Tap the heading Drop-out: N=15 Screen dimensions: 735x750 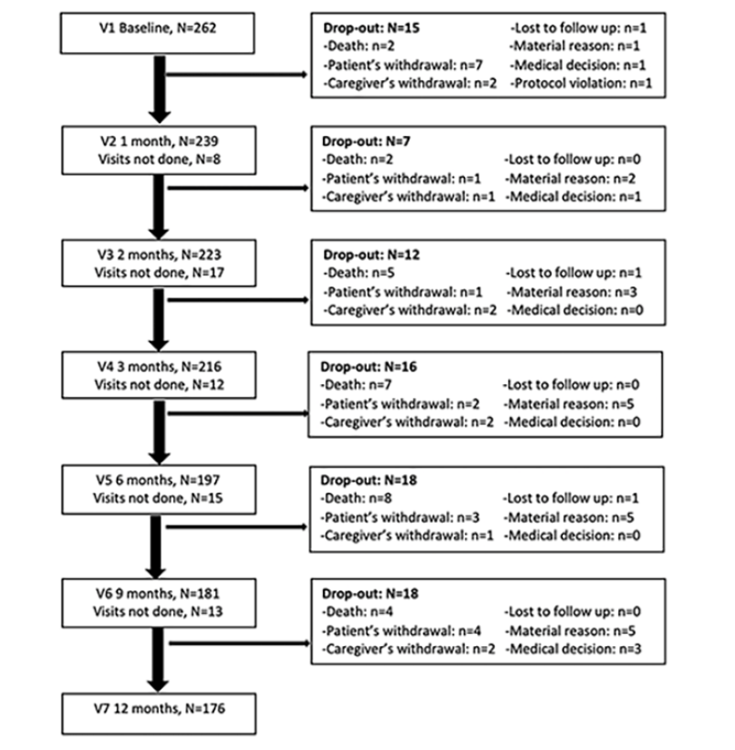[x=371, y=27]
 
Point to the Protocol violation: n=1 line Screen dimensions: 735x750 [x=581, y=83]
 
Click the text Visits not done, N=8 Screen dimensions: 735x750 [x=160, y=159]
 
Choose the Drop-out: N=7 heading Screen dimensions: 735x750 [x=367, y=141]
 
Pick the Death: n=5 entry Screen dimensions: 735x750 [x=358, y=273]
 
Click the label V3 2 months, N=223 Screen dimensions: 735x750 [x=160, y=255]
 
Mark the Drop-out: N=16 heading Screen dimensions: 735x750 [x=368, y=367]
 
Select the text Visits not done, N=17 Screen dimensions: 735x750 [x=160, y=273]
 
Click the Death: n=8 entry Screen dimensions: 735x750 [x=356, y=498]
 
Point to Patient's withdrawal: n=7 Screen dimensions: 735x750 [x=403, y=65]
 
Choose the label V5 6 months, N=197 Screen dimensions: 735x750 [x=159, y=480]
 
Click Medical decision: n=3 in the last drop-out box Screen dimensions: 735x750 [x=574, y=649]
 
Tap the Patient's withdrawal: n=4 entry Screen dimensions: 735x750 [x=401, y=630]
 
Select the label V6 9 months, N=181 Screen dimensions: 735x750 [x=158, y=593]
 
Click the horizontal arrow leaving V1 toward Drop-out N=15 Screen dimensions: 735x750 [x=236, y=74]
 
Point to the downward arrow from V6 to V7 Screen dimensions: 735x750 [x=158, y=660]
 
